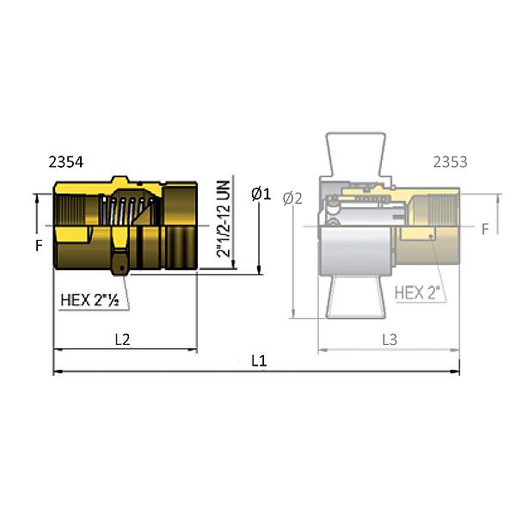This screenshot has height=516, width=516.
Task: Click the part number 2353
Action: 450,162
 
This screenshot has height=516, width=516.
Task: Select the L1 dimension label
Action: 258,361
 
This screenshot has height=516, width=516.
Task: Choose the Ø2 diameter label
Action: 292,198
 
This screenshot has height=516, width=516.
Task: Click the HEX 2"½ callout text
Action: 95,300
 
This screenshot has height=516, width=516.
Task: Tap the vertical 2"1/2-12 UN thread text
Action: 223,218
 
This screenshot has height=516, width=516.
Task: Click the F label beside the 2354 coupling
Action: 39,245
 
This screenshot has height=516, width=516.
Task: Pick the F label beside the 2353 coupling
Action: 485,230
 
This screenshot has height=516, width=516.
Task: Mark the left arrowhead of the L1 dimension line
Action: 58,372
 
